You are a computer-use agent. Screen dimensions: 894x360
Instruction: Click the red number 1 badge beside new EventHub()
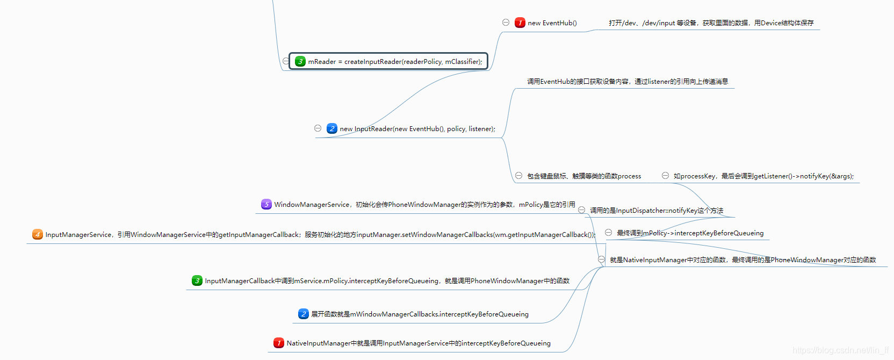tap(520, 23)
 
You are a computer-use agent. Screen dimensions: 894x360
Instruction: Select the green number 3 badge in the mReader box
tap(300, 61)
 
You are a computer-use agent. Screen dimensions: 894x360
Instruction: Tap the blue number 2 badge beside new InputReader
tap(332, 128)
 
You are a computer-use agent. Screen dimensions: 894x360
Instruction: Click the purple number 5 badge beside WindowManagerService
tap(266, 204)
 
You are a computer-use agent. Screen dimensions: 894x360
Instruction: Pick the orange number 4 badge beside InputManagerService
tap(38, 234)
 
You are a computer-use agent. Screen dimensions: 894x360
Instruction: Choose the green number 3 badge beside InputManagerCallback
tap(197, 280)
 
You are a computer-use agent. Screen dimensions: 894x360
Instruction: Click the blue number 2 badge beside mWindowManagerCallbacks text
tap(304, 314)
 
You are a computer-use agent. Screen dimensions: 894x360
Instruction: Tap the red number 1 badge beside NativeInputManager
tap(279, 343)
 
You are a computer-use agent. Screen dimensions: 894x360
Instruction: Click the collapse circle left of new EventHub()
tap(506, 22)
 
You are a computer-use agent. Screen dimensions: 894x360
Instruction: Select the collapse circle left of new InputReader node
tap(318, 128)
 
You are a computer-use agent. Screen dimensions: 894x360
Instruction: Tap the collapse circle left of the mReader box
tap(286, 61)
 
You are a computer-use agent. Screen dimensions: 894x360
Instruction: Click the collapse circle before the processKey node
tap(665, 176)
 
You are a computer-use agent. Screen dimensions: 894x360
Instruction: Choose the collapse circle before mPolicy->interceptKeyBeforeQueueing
tap(608, 233)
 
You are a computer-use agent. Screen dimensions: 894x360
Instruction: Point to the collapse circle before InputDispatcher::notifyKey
tap(581, 210)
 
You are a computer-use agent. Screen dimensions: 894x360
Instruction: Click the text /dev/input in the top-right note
tap(659, 23)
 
